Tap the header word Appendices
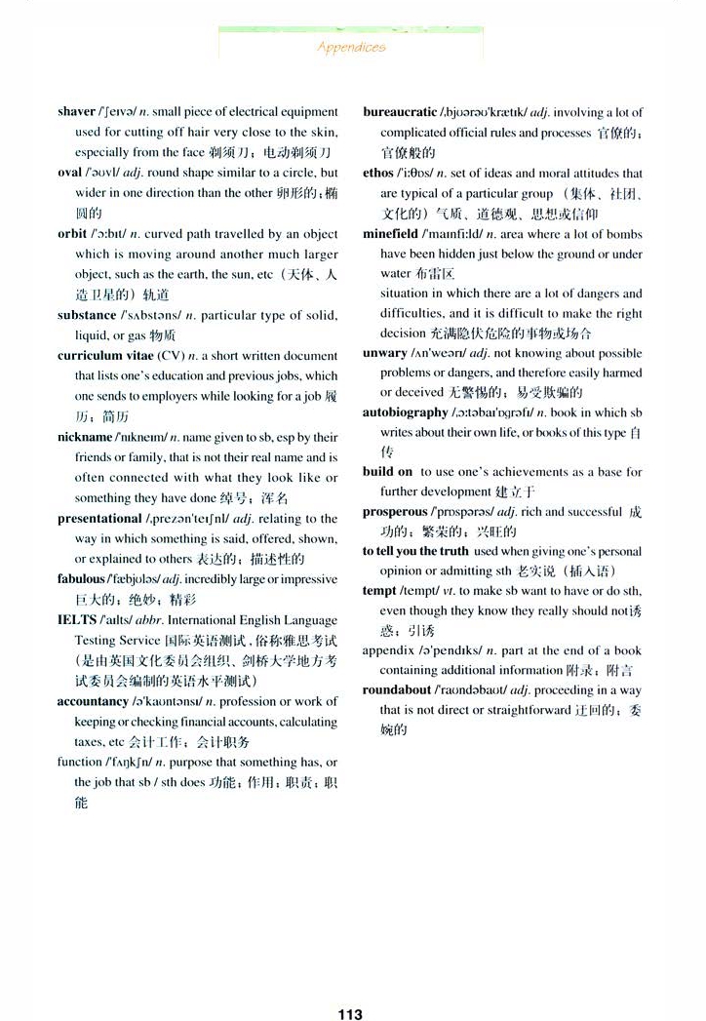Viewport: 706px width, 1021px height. click(x=351, y=46)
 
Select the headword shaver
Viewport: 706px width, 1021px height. click(x=76, y=112)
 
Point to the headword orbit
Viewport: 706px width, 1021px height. click(x=72, y=234)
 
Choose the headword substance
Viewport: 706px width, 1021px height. click(x=86, y=315)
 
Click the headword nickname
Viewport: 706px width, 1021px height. click(x=85, y=437)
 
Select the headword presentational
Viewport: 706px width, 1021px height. click(x=99, y=519)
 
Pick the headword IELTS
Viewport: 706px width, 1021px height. click(x=77, y=620)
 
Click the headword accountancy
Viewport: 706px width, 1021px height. click(x=93, y=701)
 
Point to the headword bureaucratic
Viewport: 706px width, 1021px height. click(x=400, y=112)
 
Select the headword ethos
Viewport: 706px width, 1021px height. click(x=378, y=173)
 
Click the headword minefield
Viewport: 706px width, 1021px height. click(x=391, y=234)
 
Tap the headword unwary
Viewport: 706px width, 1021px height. click(x=384, y=352)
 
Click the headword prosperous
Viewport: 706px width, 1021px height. click(x=395, y=512)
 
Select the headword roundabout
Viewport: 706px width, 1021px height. click(x=398, y=689)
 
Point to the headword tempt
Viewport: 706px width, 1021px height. click(x=379, y=591)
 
